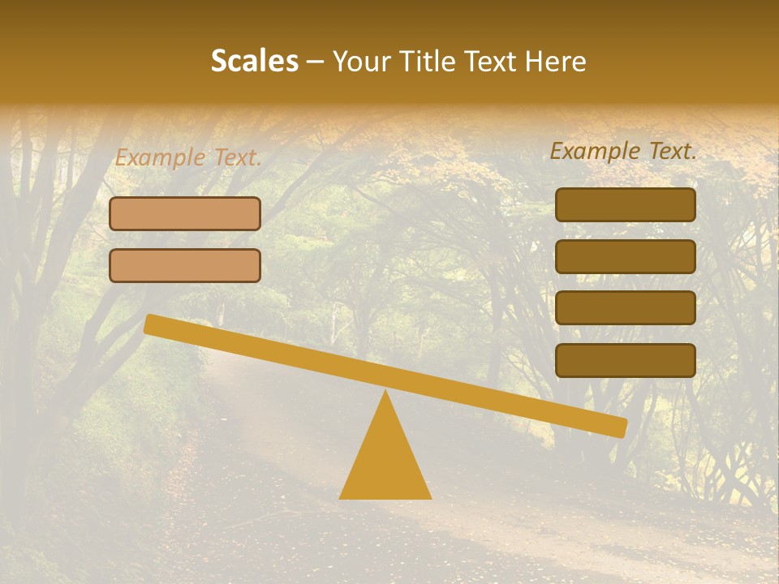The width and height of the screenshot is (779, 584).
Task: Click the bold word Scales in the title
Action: (x=254, y=61)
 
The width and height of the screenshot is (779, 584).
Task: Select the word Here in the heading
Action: (x=555, y=61)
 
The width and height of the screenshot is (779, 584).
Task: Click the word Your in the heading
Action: (x=362, y=61)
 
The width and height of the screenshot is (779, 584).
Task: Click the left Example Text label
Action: (x=188, y=157)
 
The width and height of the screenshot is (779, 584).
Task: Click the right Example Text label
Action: (x=623, y=151)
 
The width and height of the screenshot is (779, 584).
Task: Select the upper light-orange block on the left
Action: (x=185, y=213)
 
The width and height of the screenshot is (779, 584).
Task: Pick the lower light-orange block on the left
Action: (x=185, y=265)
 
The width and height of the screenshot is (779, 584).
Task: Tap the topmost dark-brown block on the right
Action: (x=625, y=204)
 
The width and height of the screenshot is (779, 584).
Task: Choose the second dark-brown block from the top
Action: (x=625, y=256)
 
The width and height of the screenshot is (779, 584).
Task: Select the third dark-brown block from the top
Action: (x=625, y=308)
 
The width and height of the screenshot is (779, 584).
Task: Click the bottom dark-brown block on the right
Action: (x=625, y=360)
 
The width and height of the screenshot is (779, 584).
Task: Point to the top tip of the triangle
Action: (x=385, y=393)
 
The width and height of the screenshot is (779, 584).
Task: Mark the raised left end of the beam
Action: (x=151, y=324)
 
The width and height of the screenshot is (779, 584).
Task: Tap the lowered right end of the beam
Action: (x=620, y=427)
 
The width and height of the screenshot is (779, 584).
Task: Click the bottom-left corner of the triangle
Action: (x=342, y=497)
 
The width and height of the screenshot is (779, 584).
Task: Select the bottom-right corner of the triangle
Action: (x=429, y=497)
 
